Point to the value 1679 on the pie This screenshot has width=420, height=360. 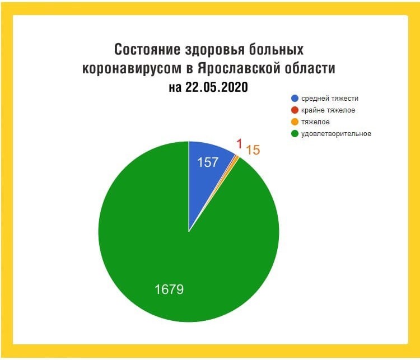(x=169, y=289)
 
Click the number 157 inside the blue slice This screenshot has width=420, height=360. (x=208, y=162)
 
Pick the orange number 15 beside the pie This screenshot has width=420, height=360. (x=253, y=150)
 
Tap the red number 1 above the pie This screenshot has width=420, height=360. (x=239, y=144)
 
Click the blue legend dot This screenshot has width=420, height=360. (x=295, y=99)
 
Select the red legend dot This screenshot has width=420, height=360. (x=295, y=110)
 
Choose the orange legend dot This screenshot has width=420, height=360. (x=295, y=122)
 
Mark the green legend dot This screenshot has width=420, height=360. (x=295, y=134)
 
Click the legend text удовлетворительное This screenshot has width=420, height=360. (x=336, y=134)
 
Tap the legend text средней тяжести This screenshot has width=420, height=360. (x=330, y=99)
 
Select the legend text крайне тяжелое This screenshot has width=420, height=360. (x=328, y=110)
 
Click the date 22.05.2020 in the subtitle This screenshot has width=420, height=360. (x=216, y=87)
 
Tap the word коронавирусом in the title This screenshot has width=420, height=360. (x=132, y=69)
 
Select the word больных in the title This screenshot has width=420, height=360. (x=276, y=50)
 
